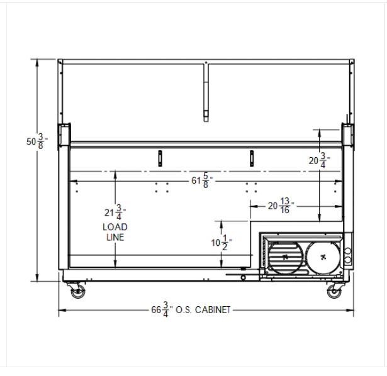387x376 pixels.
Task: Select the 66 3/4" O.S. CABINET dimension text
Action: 192,309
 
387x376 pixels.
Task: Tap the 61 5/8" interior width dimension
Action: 201,181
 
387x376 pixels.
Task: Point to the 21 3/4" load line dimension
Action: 115,213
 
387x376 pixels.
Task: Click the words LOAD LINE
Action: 115,231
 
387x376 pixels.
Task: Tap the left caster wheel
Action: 78,292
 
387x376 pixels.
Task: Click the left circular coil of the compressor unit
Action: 286,257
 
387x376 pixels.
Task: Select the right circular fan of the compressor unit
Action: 323,257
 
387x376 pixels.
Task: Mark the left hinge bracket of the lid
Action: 63,135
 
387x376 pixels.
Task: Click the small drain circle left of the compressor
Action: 244,277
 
